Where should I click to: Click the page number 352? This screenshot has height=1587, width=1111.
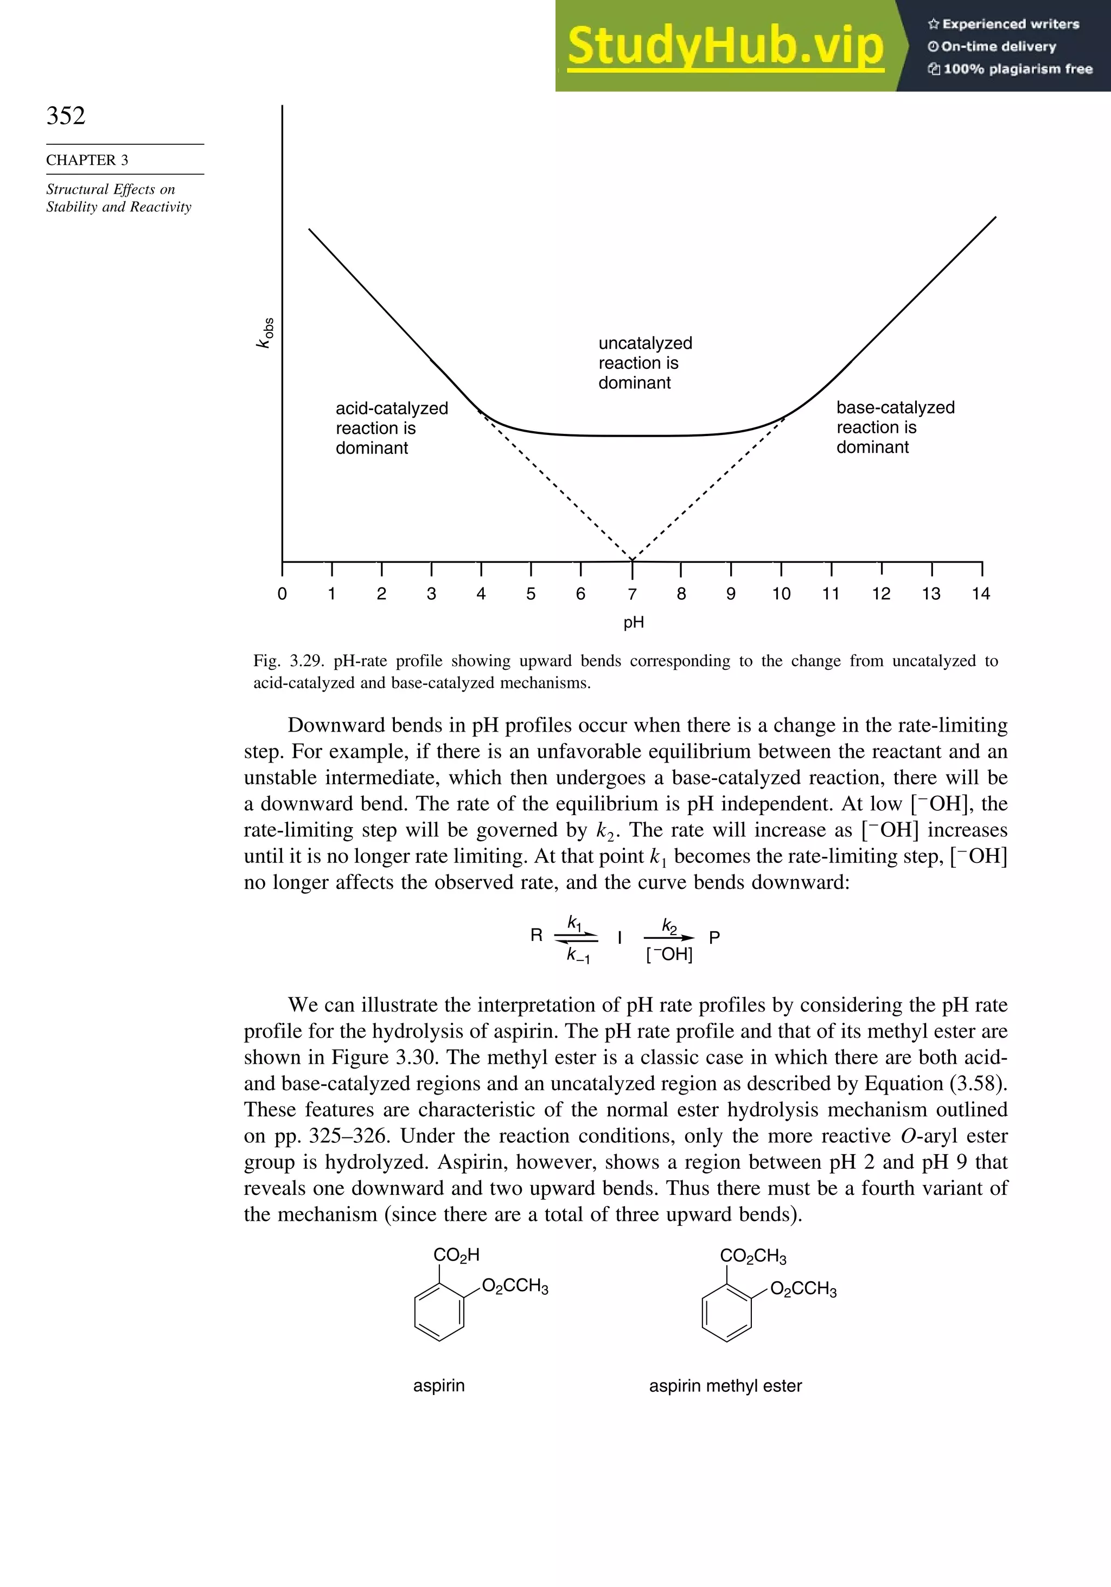[x=66, y=116]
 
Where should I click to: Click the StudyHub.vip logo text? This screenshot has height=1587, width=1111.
[x=725, y=46]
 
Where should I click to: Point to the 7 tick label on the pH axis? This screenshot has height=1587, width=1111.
[x=632, y=594]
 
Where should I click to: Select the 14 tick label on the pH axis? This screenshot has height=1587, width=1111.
[x=980, y=594]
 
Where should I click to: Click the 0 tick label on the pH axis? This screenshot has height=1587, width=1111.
[x=282, y=594]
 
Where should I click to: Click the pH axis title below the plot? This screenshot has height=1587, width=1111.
[x=633, y=622]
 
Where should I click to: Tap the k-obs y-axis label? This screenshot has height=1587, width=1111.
[x=265, y=332]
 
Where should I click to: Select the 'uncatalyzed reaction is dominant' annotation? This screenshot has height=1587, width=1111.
[x=644, y=363]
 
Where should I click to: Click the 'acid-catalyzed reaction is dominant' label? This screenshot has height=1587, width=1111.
[x=391, y=428]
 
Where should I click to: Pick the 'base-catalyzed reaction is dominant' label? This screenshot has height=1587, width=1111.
[x=895, y=427]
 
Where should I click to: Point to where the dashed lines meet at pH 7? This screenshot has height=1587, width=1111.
[x=632, y=559]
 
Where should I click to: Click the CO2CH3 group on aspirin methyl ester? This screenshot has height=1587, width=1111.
[x=753, y=1256]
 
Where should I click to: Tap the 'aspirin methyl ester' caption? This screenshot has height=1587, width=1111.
[x=725, y=1386]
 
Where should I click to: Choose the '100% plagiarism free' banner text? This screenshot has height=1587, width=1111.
[x=1017, y=69]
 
